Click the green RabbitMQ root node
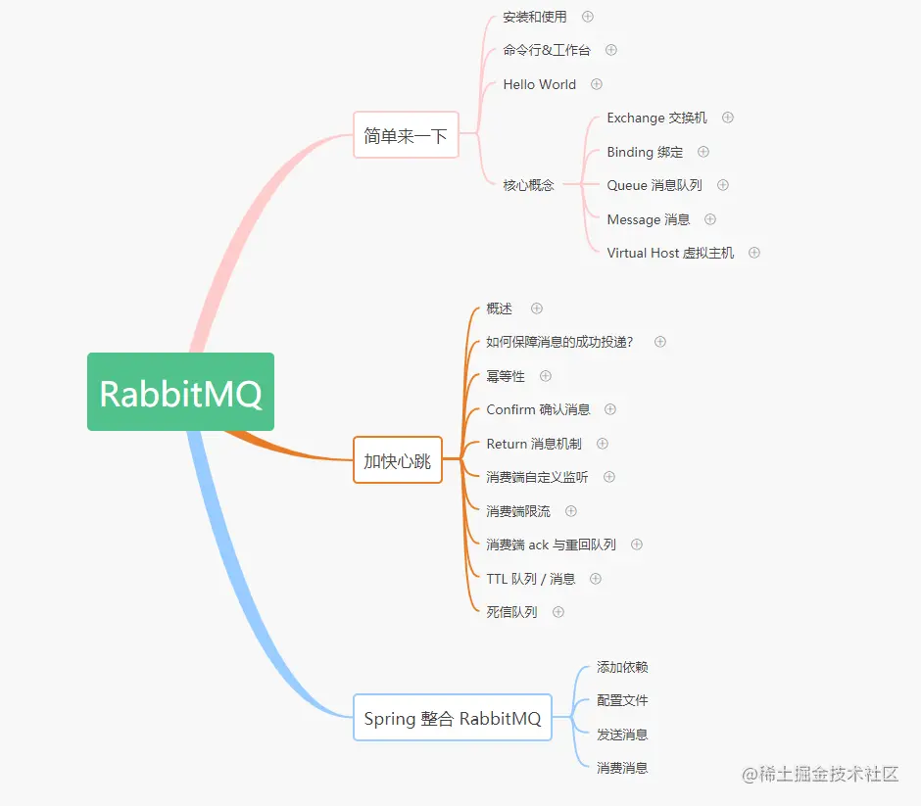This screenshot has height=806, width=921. pos(180,393)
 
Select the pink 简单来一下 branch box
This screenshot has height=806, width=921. pos(406,135)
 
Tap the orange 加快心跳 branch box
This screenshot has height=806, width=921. pos(397,460)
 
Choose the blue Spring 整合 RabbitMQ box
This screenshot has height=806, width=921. pos(452,718)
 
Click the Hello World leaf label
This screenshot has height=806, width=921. pos(539,84)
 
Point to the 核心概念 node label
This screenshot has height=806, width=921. pos(528,185)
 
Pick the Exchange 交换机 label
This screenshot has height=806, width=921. pos(656,118)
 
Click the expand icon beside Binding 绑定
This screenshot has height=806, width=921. pos(703,152)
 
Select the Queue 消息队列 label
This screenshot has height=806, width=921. pos(654,185)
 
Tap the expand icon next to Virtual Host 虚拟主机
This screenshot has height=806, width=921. pos(754,253)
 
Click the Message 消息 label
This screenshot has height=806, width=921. pos(649,219)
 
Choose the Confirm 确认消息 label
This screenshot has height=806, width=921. pos(538,409)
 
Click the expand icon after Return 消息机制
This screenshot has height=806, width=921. pos(603,444)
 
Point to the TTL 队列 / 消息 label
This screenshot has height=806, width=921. pos(531,579)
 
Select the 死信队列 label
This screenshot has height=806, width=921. pos(511,612)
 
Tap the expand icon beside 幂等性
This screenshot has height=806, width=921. pos(546,376)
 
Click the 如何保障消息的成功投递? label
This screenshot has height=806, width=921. pos(559,342)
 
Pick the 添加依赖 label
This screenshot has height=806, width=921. pos(622,667)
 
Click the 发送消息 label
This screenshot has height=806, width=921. pos(622,735)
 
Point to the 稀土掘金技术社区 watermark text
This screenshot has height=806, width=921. pos(821,775)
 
